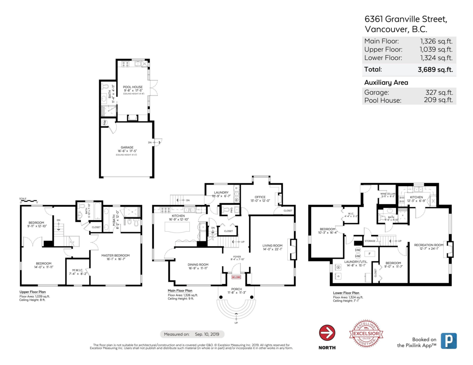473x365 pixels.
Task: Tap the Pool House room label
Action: click(132, 87)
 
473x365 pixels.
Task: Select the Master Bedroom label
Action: click(115, 256)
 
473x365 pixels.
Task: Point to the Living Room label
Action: click(272, 246)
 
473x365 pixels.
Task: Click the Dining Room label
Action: click(198, 265)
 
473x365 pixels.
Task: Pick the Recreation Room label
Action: click(429, 245)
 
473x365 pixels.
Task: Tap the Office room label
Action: click(260, 197)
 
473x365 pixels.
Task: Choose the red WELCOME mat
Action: click(236, 277)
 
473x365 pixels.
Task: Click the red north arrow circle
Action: click(327, 333)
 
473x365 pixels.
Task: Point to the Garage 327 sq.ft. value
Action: click(439, 92)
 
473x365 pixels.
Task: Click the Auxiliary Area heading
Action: click(386, 83)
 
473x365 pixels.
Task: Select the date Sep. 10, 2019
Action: click(209, 334)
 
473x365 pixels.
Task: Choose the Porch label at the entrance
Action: click(236, 289)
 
